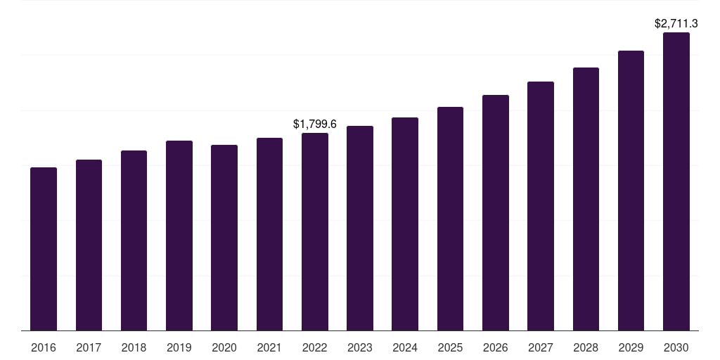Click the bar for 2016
44,249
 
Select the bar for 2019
179,236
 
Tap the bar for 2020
224,238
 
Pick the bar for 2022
315,232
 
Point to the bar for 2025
450,219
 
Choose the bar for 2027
541,206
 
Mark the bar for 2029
631,191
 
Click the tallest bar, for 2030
676,181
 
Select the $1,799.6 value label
315,124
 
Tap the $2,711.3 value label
676,23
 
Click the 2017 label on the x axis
89,347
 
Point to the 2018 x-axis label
134,347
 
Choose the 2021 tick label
269,347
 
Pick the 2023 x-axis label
360,347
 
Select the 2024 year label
405,347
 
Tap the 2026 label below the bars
496,347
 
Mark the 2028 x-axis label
586,347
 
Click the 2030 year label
676,347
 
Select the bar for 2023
360,229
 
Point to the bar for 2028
586,199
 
